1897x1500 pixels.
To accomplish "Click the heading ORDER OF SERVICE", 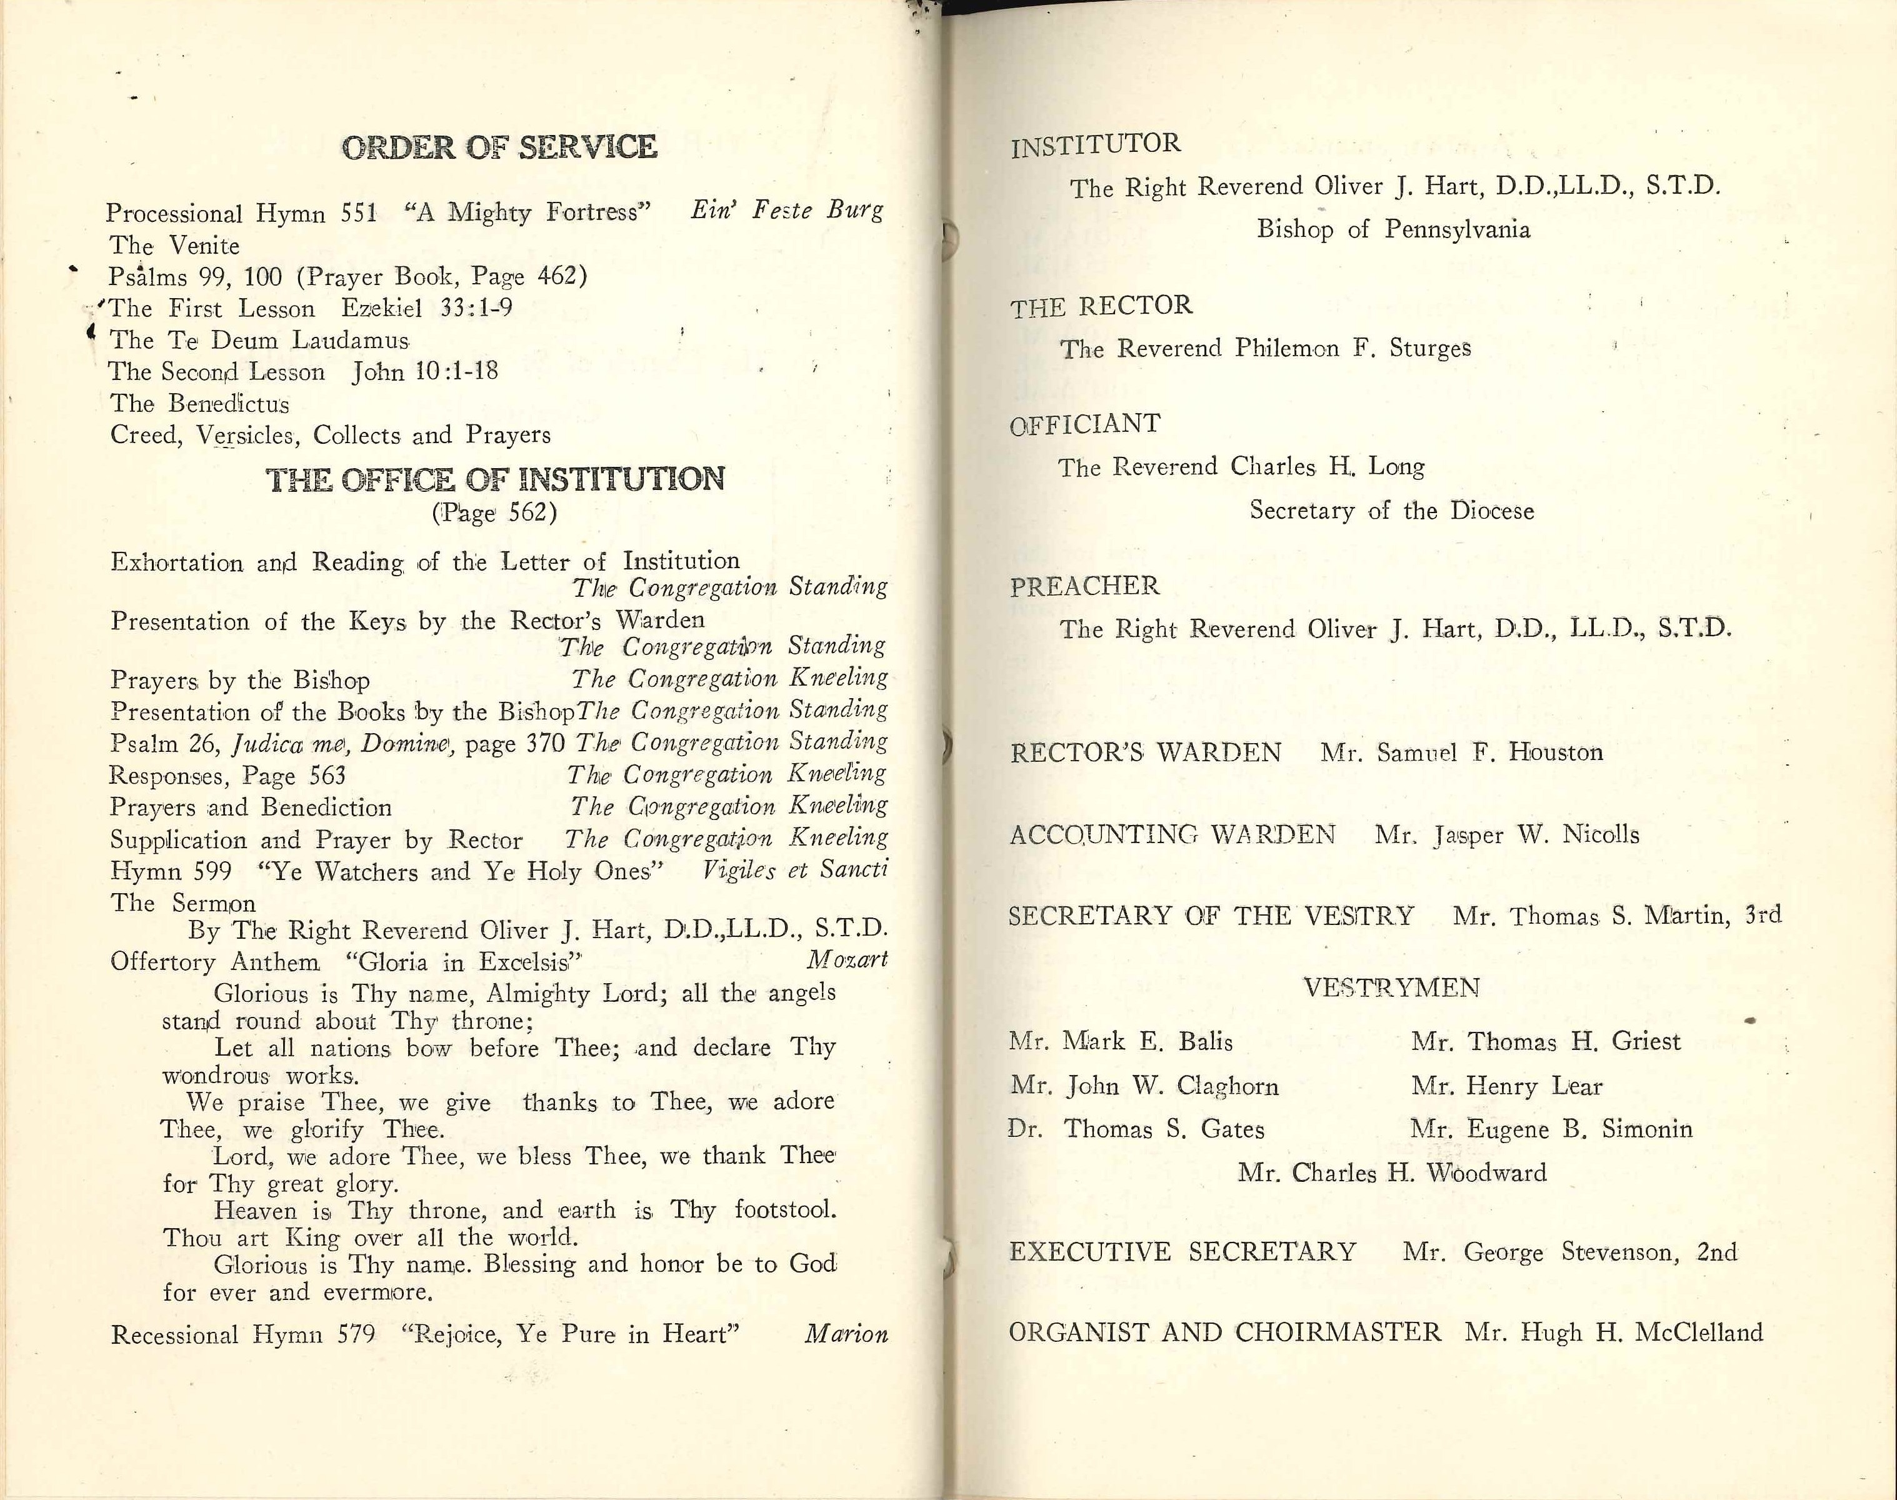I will (499, 147).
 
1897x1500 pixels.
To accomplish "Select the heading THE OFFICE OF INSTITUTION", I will (495, 479).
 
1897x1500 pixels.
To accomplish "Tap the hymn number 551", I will (358, 213).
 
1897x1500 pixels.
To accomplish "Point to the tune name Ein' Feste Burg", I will (786, 210).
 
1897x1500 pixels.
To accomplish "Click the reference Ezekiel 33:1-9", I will (427, 308).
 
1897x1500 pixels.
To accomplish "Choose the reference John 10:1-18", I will (425, 371).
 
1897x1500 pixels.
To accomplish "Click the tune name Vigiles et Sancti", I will (795, 869).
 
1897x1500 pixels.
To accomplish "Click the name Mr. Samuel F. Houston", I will (1461, 752).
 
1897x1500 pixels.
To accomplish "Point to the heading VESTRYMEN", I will (1391, 988).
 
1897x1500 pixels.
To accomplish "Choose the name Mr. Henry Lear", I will (1506, 1086).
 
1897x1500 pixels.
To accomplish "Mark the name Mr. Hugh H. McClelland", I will (1613, 1333).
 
